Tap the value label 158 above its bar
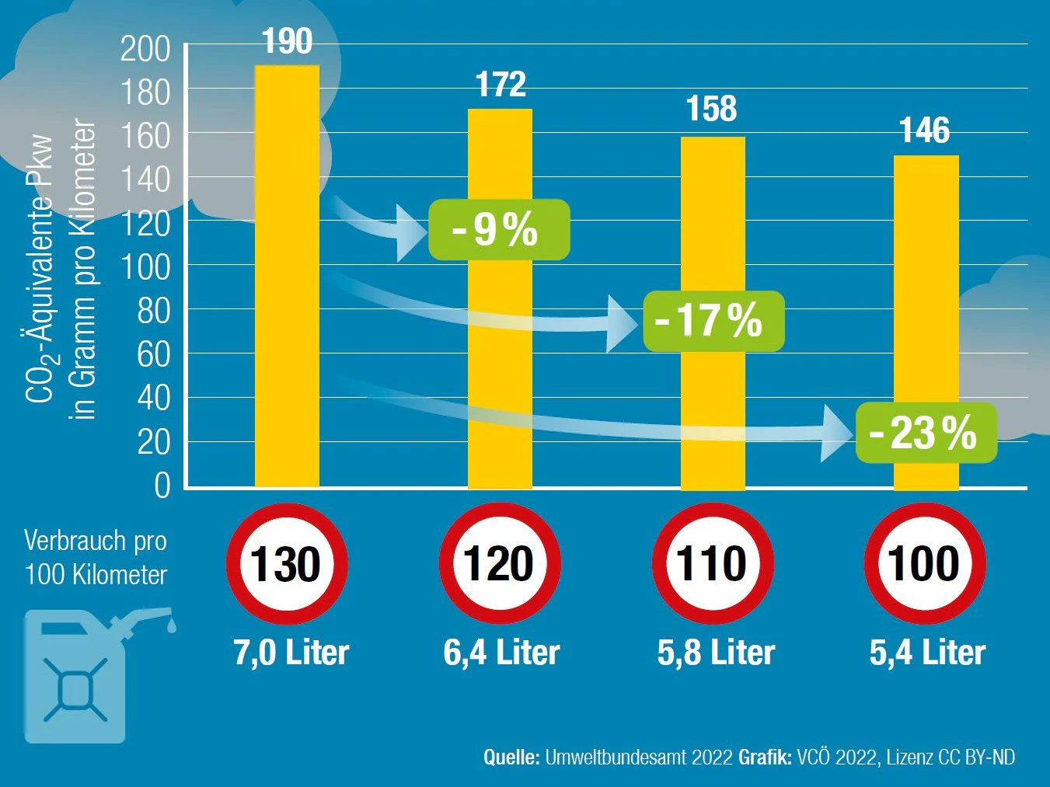(711, 109)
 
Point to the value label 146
(924, 131)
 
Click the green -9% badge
(499, 230)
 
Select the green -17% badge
(713, 321)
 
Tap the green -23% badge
(926, 433)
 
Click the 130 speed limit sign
(286, 564)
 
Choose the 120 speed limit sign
(499, 564)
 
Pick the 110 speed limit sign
(712, 564)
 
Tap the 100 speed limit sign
(925, 564)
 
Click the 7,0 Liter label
(291, 653)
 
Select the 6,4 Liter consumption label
(501, 653)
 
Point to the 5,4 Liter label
(927, 653)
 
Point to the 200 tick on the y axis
(145, 49)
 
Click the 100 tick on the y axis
(145, 267)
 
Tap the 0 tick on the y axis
(162, 486)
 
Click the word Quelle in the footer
(511, 757)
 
